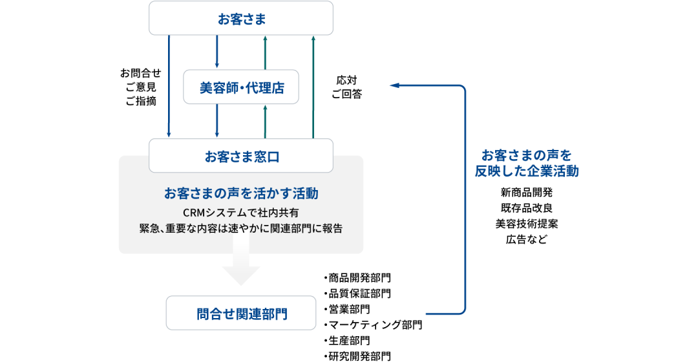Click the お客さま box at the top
(x=241, y=18)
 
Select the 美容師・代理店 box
(x=241, y=87)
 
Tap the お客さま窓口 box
(x=241, y=156)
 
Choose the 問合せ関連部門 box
(x=241, y=314)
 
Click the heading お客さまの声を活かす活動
(x=241, y=193)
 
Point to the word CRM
(x=194, y=212)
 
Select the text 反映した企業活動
(x=527, y=172)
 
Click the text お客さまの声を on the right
(x=527, y=156)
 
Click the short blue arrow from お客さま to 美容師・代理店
(x=217, y=52)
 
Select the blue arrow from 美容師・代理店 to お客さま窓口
(x=217, y=121)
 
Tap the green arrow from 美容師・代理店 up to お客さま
(x=265, y=52)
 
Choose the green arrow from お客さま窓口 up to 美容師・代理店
(x=265, y=121)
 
